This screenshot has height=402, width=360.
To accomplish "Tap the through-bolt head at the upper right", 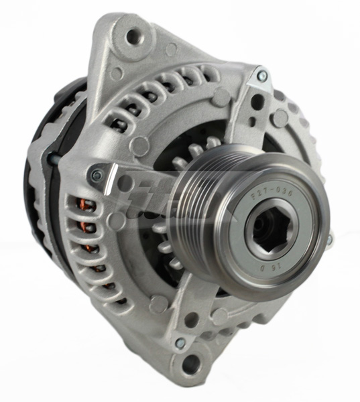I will coord(262,76).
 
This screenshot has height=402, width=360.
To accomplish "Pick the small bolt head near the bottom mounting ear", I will coord(180,343).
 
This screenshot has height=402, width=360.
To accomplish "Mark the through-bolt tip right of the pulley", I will coord(328,239).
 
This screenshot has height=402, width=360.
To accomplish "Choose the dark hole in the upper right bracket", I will coord(256,102).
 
